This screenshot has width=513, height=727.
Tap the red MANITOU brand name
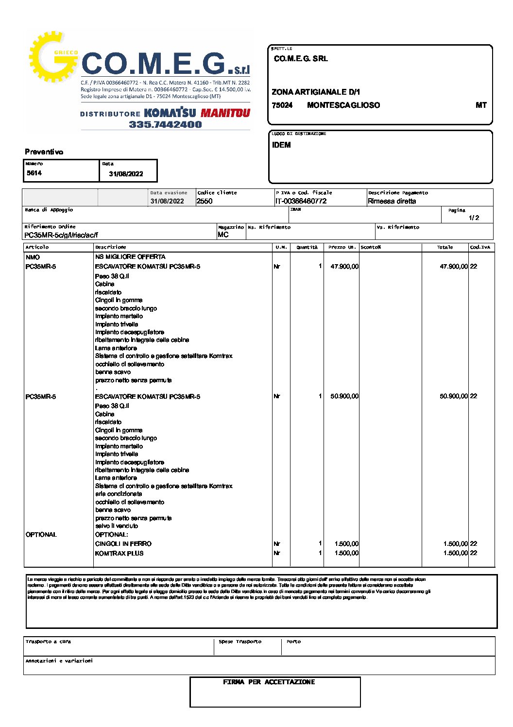pos(225,113)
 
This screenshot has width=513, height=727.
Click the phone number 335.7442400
pos(165,124)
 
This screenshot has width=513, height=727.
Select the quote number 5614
pos(34,173)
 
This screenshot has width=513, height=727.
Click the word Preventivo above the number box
pos(44,152)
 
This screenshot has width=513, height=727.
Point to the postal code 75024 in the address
pos(282,105)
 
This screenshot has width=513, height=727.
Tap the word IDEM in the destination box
pos(281,145)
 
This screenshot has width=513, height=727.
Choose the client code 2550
pos(205,201)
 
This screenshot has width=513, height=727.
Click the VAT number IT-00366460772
pos(301,201)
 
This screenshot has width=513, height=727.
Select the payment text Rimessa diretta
pos(392,201)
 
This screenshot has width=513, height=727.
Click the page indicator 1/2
pos(474,218)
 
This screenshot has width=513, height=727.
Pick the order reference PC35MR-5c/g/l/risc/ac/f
pos(61,235)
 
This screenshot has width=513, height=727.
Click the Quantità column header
pos(307,247)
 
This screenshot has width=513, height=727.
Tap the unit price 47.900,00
pos(344,267)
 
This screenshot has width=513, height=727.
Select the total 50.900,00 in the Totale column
pos(454,396)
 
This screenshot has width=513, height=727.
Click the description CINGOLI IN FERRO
pos(123,544)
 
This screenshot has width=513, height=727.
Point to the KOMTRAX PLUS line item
pos(120,553)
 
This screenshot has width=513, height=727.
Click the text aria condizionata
pos(119,494)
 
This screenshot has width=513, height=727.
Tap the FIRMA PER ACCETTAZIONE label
pos(269,682)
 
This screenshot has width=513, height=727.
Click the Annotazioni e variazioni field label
pos(59,661)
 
